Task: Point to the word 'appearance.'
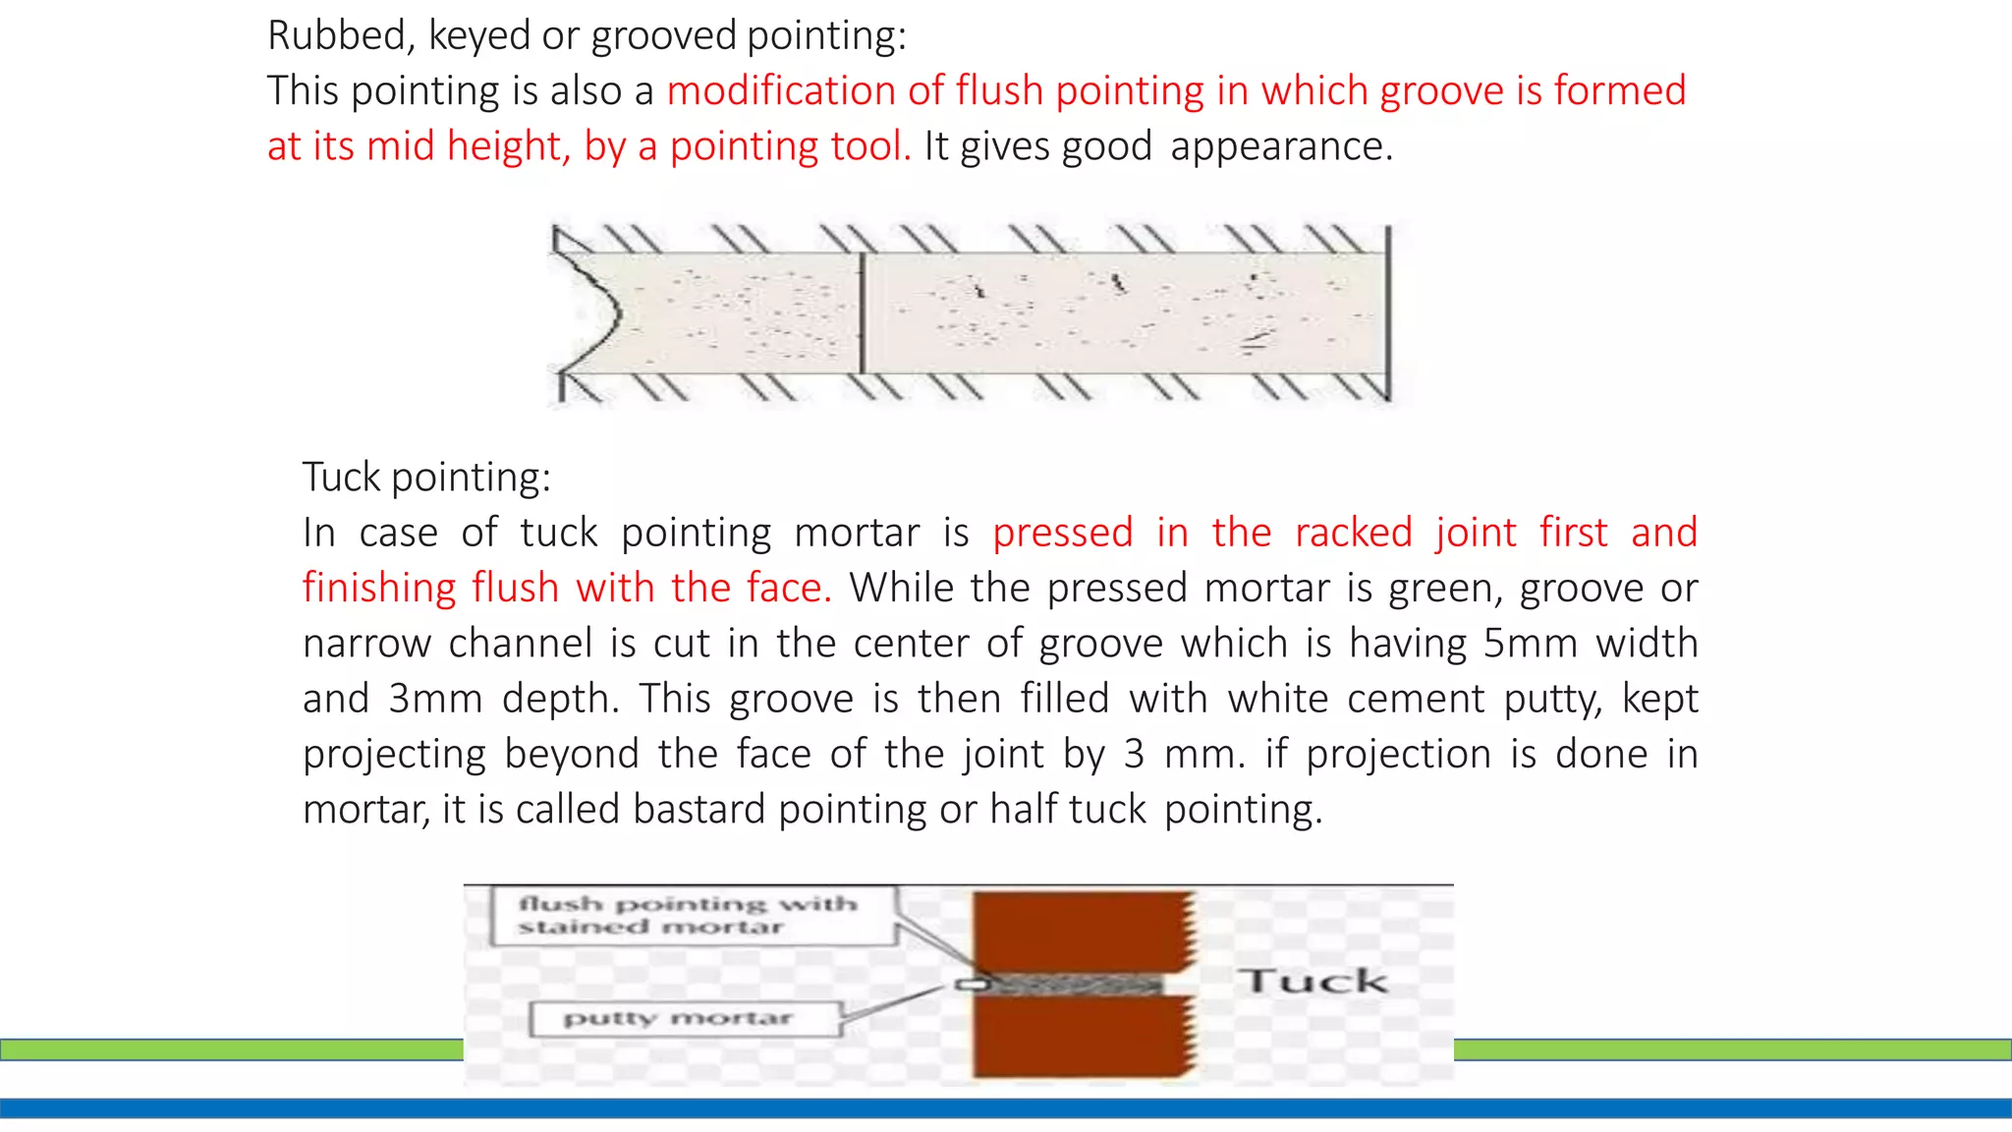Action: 1281,146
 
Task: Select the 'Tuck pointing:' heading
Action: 426,477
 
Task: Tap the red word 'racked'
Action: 1353,533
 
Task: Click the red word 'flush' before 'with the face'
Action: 515,588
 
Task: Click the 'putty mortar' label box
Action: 685,1019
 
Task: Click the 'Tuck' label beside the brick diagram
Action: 1313,981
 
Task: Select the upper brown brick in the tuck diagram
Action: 1081,929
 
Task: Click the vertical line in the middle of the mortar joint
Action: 862,312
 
